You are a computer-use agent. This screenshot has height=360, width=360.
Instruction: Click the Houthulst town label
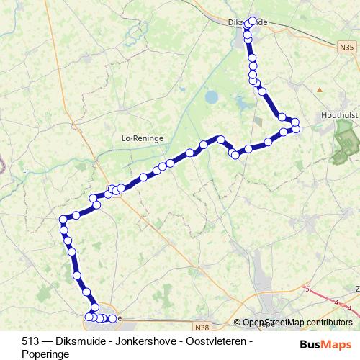(x=339, y=115)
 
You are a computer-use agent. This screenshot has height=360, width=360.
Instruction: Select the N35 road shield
(x=346, y=48)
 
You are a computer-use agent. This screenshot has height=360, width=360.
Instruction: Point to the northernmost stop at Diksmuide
(x=252, y=20)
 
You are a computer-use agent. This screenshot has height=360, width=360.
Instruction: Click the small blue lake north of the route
(x=211, y=96)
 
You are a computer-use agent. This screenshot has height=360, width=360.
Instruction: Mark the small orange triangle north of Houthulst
(x=319, y=89)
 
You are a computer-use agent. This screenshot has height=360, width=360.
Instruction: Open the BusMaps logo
(x=325, y=344)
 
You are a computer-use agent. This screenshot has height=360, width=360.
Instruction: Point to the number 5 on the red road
(x=308, y=290)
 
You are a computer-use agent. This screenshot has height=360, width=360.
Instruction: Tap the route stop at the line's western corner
(x=63, y=220)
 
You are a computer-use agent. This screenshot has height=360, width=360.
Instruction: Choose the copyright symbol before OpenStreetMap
(x=238, y=323)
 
